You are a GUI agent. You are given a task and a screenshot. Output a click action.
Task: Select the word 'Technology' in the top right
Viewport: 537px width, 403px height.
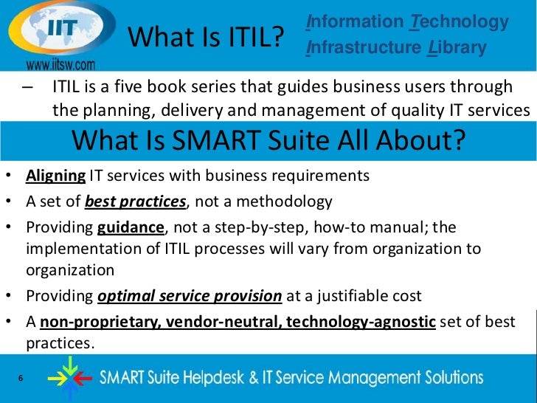[x=459, y=22]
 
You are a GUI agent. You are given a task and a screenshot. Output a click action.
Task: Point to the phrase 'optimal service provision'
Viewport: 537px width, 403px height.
[x=190, y=296]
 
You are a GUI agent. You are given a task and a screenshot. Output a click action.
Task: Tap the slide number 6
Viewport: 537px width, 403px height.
[x=20, y=379]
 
